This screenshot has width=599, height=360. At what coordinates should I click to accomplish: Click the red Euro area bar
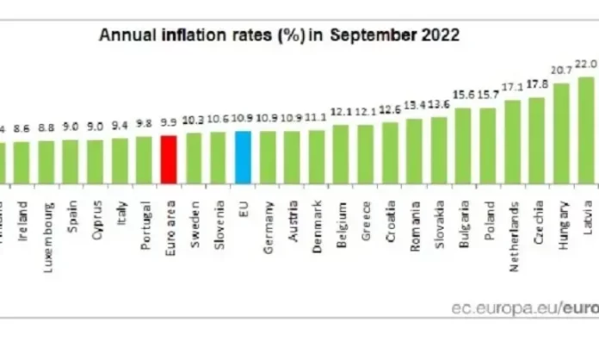(x=169, y=158)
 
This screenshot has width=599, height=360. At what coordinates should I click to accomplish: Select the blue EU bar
(x=243, y=157)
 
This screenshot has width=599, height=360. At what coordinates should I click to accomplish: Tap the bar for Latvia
(x=586, y=129)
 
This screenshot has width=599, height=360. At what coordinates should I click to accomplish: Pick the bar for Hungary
(x=561, y=133)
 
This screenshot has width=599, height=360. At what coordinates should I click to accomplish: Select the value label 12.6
(x=390, y=109)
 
